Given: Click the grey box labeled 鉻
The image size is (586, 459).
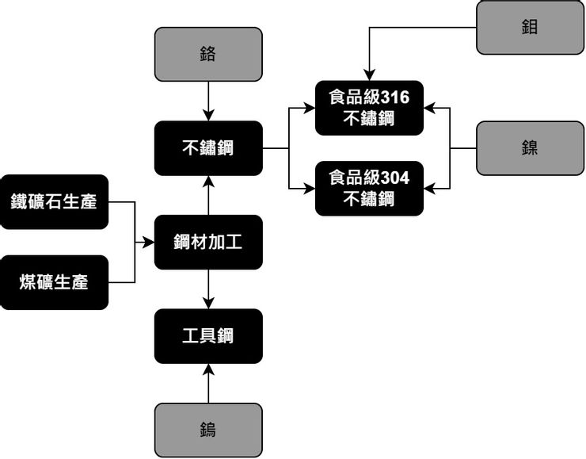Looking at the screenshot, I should click(208, 54).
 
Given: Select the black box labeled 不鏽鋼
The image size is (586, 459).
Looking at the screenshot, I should click(208, 147).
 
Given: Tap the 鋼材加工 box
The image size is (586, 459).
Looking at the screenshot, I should click(208, 242).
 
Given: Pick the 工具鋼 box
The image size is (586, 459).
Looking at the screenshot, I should click(208, 335).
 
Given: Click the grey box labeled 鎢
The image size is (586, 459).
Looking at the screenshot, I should click(208, 430).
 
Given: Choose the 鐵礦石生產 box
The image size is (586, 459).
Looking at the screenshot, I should click(54, 201).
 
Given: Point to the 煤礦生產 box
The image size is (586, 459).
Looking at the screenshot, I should click(54, 282).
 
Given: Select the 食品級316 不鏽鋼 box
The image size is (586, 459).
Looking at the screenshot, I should click(369, 108).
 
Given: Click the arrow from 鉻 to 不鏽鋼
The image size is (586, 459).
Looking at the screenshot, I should click(208, 101).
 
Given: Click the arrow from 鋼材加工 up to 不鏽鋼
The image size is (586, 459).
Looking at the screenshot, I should click(208, 195).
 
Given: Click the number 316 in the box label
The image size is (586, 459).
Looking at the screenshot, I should click(395, 98).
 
